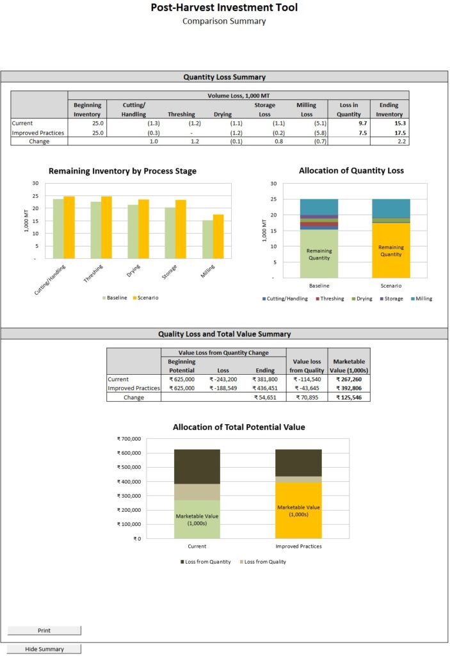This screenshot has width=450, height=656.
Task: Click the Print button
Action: tap(44, 630)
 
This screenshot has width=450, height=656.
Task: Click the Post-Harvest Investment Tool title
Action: tap(224, 8)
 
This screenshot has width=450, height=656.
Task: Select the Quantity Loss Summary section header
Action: tap(224, 77)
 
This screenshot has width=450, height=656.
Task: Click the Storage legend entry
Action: tap(390, 299)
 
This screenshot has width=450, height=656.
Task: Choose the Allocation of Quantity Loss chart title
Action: tap(351, 170)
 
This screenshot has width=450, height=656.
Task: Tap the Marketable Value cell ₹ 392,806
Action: tap(349, 388)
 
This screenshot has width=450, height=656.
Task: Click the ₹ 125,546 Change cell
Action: tap(349, 397)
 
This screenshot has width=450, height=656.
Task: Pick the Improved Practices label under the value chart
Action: tap(298, 546)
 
